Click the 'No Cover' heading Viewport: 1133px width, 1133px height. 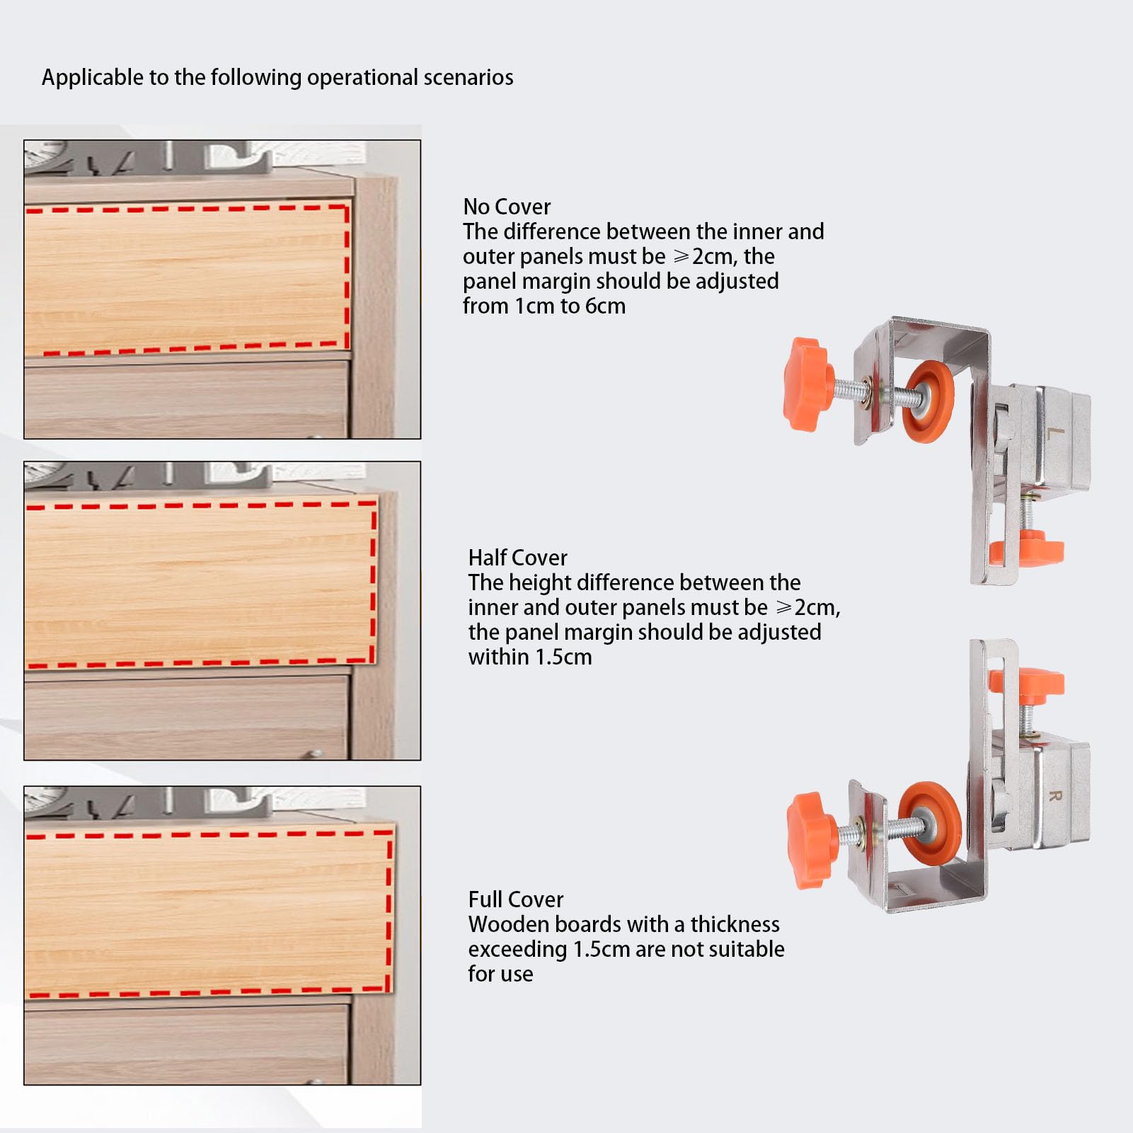[507, 207]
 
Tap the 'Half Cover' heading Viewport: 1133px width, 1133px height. [517, 558]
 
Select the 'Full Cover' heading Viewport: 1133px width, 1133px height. [516, 899]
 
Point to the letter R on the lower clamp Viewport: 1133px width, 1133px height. [1054, 795]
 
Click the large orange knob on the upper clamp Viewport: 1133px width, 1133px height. [809, 384]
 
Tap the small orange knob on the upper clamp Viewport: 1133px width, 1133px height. [1025, 548]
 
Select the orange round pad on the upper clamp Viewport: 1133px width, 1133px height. [928, 402]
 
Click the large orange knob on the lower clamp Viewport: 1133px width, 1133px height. [812, 840]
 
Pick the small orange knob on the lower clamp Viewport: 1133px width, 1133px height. [1025, 683]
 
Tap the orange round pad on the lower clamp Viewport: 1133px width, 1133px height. [930, 823]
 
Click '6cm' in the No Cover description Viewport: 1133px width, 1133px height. [605, 306]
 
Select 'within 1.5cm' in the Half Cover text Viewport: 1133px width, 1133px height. [530, 657]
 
